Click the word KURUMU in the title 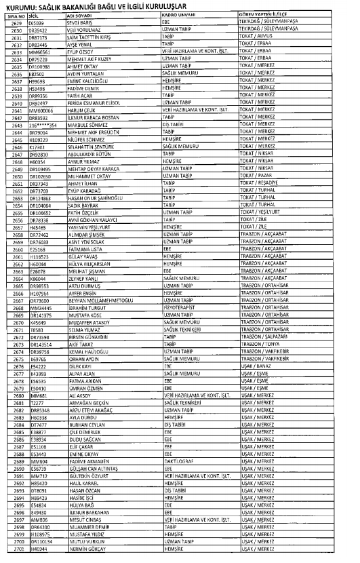(24, 5)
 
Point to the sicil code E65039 (38, 20)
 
